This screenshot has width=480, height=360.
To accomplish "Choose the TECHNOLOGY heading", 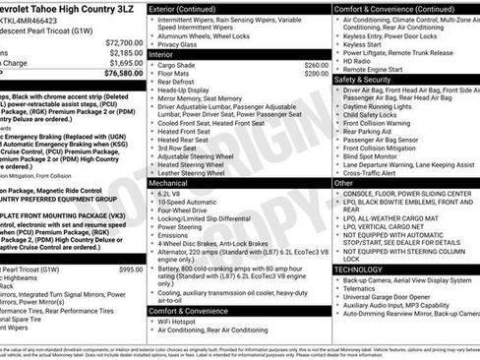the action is pos(359,269).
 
